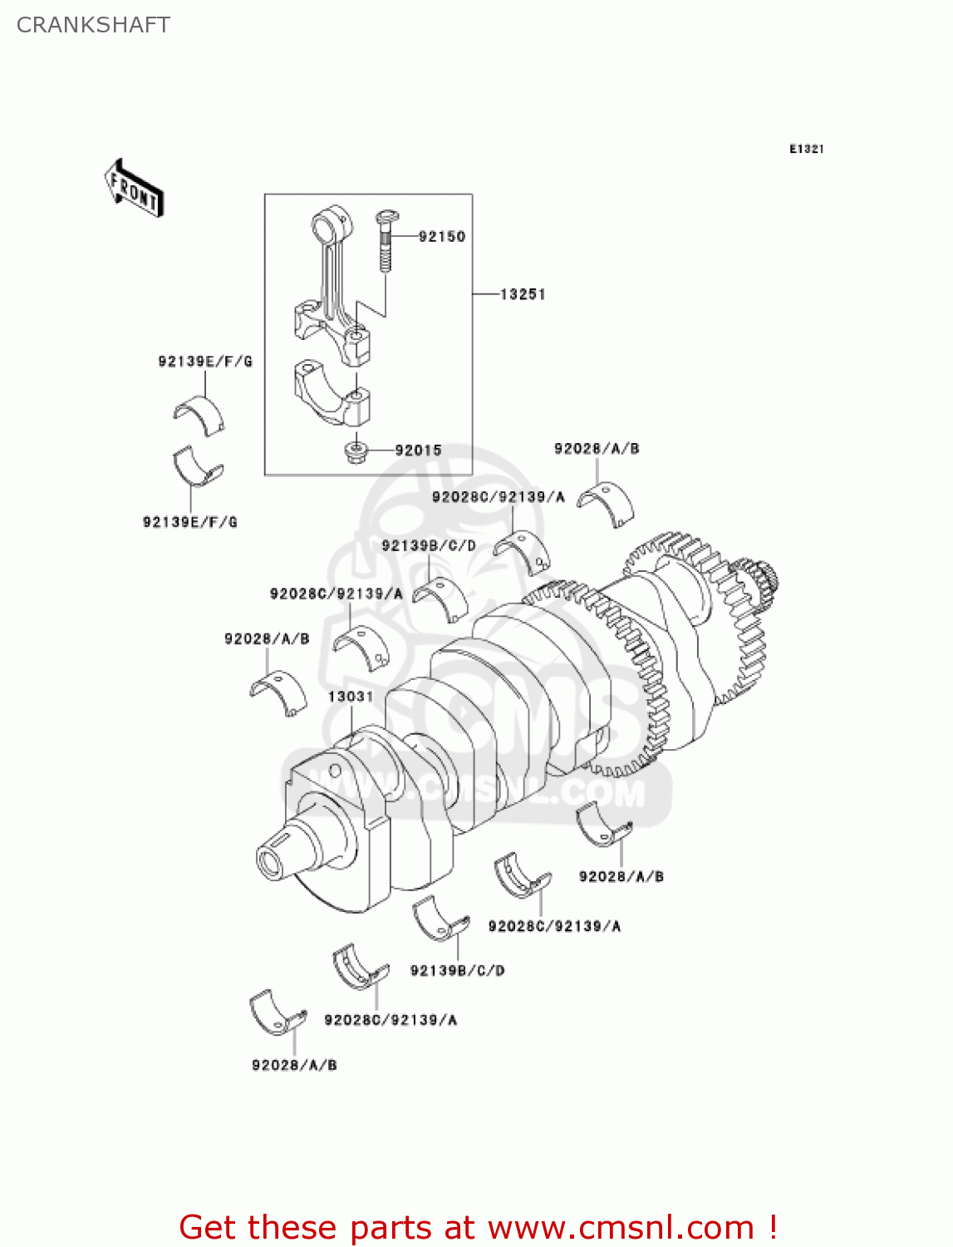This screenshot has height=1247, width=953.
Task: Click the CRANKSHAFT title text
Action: click(x=93, y=25)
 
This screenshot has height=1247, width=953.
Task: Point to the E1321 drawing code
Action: click(x=805, y=149)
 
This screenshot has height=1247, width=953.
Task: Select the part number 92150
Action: click(x=441, y=237)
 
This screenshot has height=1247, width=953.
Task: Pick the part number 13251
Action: click(x=523, y=294)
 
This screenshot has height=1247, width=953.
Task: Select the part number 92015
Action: click(x=418, y=451)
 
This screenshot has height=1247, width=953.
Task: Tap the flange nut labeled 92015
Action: click(x=356, y=451)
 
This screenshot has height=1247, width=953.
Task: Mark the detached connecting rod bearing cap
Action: click(x=332, y=391)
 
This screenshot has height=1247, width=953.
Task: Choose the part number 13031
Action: click(x=350, y=697)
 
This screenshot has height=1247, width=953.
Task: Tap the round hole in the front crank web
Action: click(x=335, y=770)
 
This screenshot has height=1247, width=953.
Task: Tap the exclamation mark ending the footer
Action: click(x=772, y=1228)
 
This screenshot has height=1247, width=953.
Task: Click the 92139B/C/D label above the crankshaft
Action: click(x=429, y=546)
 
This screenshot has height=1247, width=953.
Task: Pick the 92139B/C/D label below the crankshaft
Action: click(x=457, y=971)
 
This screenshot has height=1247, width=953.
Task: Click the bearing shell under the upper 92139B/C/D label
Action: click(x=440, y=597)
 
